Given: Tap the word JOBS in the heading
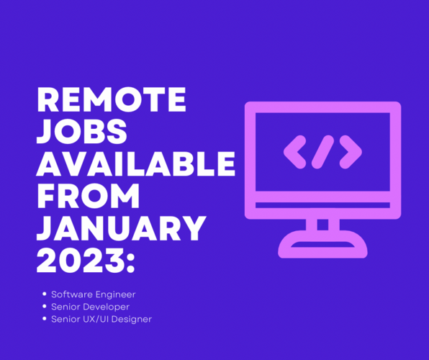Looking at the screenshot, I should pos(81,133).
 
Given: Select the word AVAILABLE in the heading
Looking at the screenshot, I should pos(136,164).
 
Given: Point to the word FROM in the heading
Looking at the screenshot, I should pos(88,196).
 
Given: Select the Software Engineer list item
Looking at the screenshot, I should pos(93,294).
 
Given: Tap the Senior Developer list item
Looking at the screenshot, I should pos(90,307).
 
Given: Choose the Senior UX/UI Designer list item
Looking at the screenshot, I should pos(101,318).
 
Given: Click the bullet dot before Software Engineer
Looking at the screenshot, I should pos(44,294).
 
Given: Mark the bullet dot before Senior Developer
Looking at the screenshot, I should pos(44,307).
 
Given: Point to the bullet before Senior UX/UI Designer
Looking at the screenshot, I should pos(44,318).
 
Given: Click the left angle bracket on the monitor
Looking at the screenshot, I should pos(294,150).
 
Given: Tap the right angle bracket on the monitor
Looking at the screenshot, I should pos(351,150).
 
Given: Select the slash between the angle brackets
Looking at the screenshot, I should pos(322,150).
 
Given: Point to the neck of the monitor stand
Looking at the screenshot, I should pos(322,225).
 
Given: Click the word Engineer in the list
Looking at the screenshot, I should pos(115,294).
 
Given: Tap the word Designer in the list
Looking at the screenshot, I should pos(130,318).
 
